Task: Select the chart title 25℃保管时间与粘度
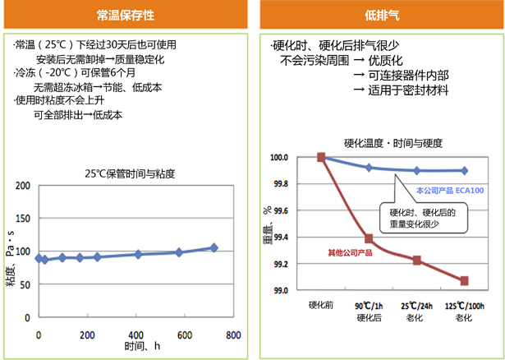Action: click(x=131, y=173)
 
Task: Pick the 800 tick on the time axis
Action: click(x=234, y=335)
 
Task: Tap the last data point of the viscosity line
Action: click(x=214, y=247)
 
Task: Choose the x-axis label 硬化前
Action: click(x=321, y=305)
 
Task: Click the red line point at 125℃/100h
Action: click(x=466, y=280)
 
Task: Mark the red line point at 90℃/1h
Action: click(x=369, y=239)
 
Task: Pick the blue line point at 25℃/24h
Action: click(x=417, y=170)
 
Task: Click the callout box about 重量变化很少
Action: click(x=424, y=218)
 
